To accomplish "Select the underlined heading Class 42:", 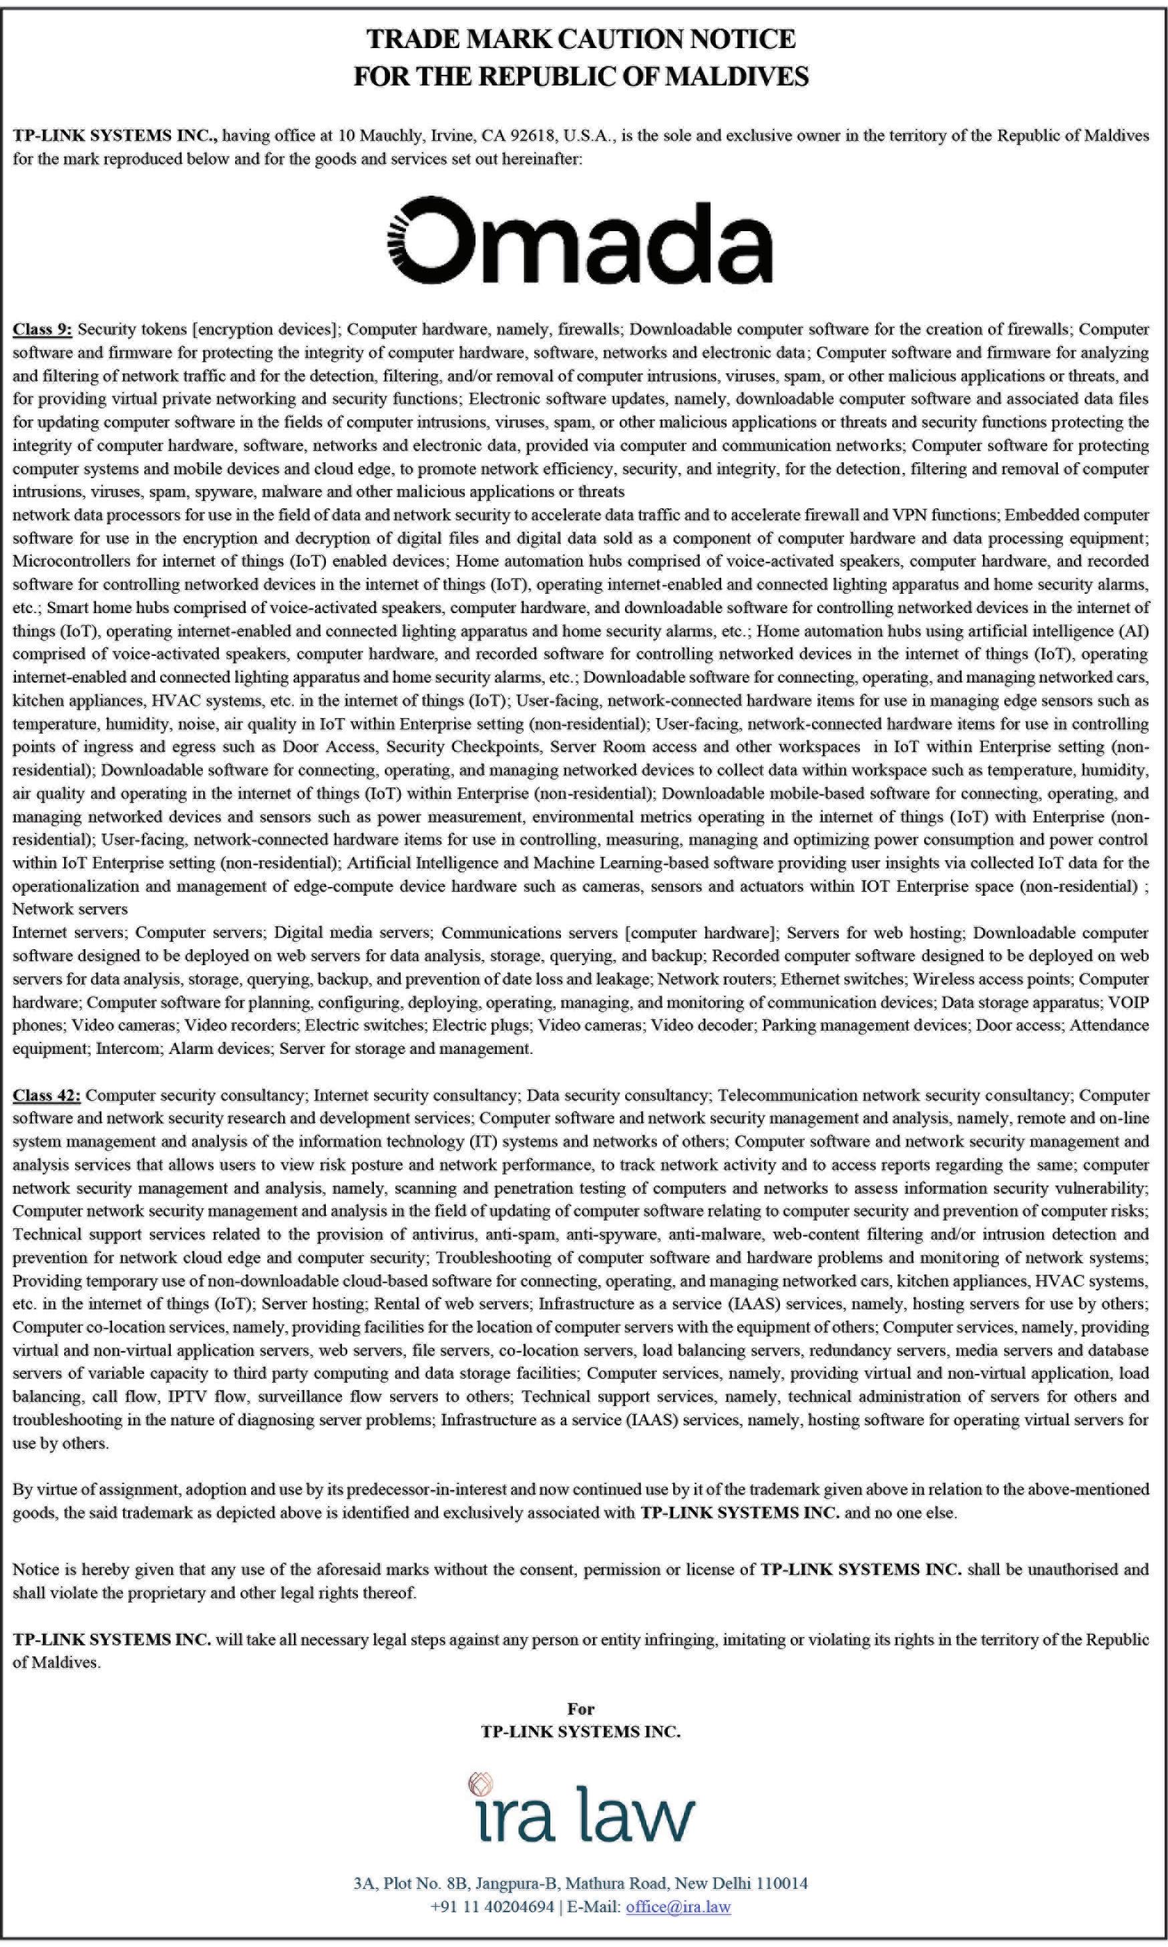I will (x=47, y=1095).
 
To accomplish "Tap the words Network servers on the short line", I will (x=70, y=909).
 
